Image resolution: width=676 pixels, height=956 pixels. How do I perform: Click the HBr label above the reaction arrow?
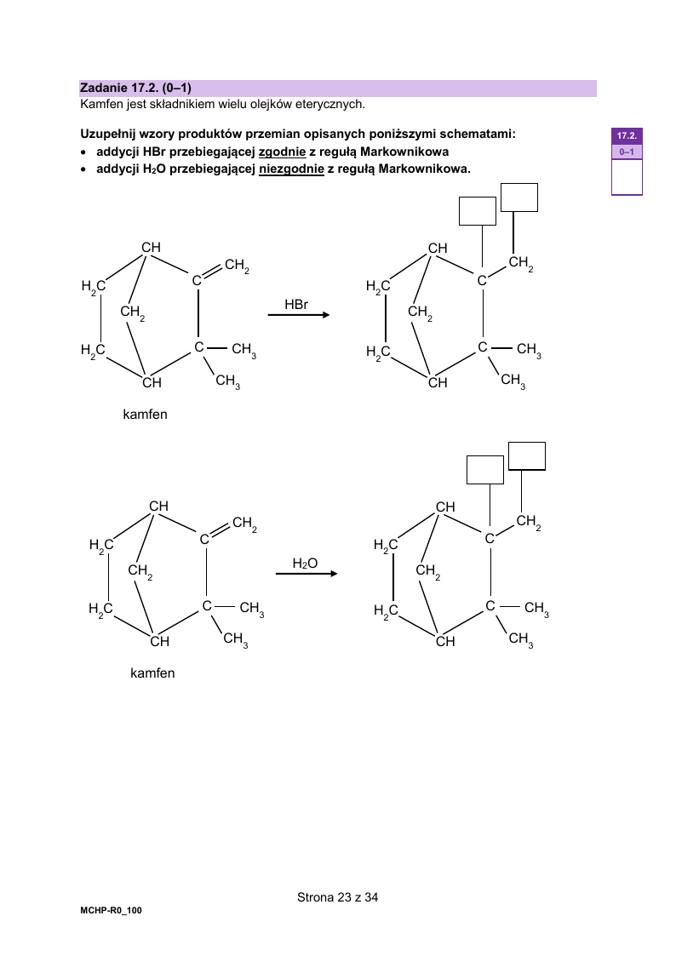[x=296, y=304]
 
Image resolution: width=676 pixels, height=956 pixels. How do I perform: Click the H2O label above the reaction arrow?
[x=305, y=564]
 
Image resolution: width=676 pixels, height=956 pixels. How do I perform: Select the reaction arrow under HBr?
[x=299, y=315]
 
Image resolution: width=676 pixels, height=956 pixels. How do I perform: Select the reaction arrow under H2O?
[x=306, y=574]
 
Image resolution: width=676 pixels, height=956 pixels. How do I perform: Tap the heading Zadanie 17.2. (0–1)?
[x=135, y=88]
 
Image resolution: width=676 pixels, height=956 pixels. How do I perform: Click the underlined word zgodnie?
[x=282, y=152]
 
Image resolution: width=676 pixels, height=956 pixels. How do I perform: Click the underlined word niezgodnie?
[x=291, y=169]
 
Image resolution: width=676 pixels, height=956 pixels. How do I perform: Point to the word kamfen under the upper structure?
[x=145, y=415]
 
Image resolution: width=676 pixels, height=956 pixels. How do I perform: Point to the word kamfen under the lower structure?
[x=152, y=673]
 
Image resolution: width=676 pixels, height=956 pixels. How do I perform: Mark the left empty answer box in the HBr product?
[x=478, y=211]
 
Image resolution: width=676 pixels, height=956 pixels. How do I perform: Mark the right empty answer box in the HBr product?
[x=519, y=197]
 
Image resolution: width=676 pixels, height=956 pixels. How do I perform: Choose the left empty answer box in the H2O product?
[x=485, y=470]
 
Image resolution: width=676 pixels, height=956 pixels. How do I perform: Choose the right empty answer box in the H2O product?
[x=527, y=456]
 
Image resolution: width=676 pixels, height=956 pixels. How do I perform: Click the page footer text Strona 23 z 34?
[x=338, y=897]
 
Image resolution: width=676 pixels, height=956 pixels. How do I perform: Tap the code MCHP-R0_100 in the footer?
[x=111, y=910]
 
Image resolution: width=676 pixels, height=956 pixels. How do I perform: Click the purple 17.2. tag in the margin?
[x=627, y=136]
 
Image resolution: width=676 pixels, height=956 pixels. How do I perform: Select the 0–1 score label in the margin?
[x=627, y=152]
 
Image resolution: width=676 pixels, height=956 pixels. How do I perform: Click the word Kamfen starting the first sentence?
[x=102, y=104]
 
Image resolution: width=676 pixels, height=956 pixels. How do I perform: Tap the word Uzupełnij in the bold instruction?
[x=108, y=135]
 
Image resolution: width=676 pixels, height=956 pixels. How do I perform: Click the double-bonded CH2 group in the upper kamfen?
[x=237, y=266]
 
